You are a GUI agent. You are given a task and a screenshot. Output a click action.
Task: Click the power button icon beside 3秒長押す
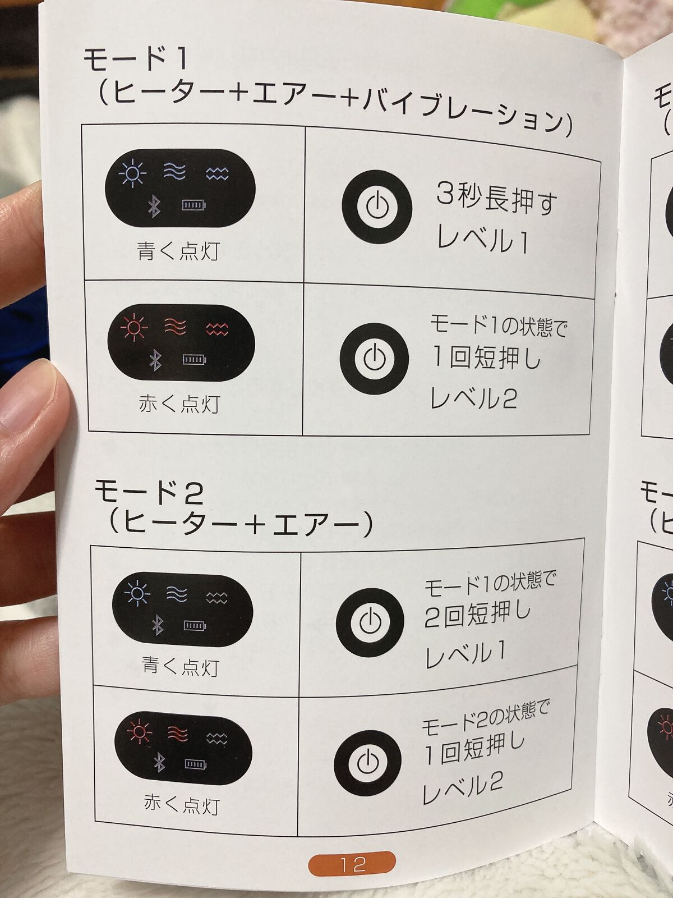tap(377, 207)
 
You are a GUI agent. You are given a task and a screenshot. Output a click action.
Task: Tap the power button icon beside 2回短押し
tap(370, 622)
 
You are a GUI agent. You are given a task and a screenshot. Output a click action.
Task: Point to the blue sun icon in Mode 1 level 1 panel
tap(132, 173)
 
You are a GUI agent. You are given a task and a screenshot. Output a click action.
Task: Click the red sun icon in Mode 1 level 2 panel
tap(134, 327)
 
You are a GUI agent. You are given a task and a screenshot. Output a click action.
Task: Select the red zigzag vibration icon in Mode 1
tap(217, 328)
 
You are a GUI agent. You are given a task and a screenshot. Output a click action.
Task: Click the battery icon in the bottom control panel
tap(196, 763)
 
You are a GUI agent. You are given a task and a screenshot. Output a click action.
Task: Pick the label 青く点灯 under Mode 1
tap(178, 251)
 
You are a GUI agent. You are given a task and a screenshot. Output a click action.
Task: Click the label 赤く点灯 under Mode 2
tap(181, 804)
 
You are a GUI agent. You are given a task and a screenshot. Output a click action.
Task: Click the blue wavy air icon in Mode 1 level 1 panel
tap(174, 171)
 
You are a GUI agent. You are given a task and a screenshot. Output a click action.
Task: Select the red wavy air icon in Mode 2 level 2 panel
tap(178, 734)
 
